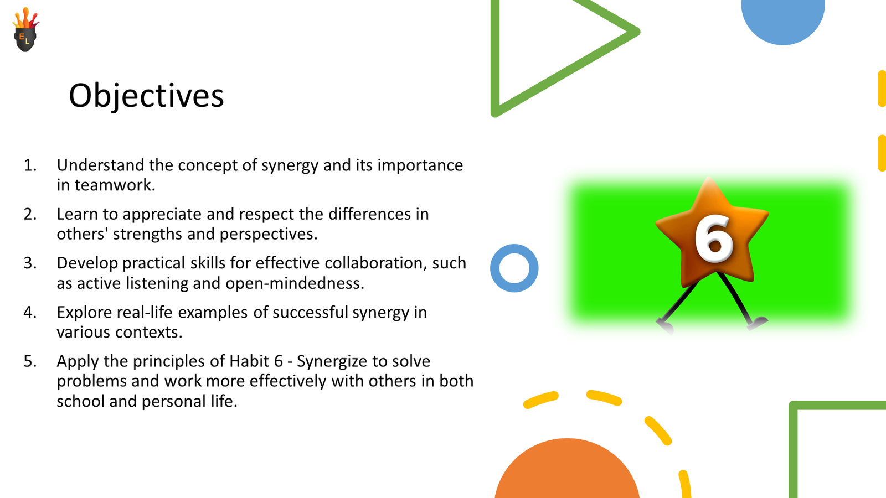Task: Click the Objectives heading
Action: (x=146, y=95)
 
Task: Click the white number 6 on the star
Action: (x=714, y=238)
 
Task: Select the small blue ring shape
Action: (x=514, y=268)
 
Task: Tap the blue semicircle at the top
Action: (x=782, y=19)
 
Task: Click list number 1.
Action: (x=30, y=165)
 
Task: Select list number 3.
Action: (x=30, y=263)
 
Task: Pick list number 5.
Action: (x=30, y=361)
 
